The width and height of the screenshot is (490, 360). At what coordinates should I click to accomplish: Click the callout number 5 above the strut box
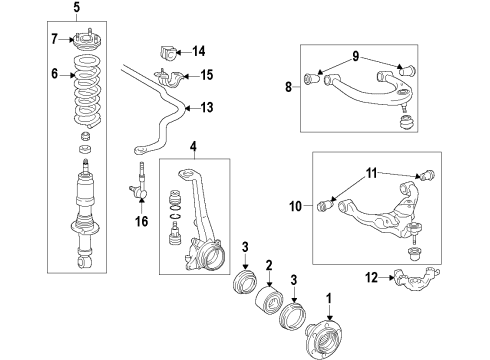[x=77, y=7]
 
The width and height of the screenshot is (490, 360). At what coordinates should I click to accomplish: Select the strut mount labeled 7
[x=87, y=41]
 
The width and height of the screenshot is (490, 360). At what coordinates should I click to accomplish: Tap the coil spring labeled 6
[x=87, y=92]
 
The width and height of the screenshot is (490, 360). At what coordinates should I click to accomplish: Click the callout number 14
[x=199, y=51]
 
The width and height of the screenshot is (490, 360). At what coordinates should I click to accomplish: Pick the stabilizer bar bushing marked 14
[x=166, y=53]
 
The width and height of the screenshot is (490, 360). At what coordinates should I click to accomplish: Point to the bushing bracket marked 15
[x=168, y=78]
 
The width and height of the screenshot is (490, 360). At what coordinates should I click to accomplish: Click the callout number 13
[x=207, y=107]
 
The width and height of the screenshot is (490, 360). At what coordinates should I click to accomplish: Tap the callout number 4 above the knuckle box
[x=194, y=146]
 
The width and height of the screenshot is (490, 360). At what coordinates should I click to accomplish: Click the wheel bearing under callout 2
[x=270, y=300]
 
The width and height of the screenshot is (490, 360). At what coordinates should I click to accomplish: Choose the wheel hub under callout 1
[x=324, y=340]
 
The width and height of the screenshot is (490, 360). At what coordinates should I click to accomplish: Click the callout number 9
[x=356, y=56]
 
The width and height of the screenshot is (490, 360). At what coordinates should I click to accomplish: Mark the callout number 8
[x=288, y=87]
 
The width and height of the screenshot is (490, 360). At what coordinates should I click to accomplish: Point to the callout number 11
[x=371, y=173]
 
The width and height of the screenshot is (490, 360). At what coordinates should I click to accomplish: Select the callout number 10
[x=295, y=206]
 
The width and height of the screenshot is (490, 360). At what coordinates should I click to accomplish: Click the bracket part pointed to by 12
[x=417, y=278]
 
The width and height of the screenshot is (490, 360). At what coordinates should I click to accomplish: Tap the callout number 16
[x=141, y=221]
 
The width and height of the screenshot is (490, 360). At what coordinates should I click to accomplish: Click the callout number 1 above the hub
[x=329, y=299]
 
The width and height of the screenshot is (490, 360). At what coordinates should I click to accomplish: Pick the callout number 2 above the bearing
[x=269, y=266]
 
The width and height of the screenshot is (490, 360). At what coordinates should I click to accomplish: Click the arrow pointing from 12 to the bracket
[x=387, y=277]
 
